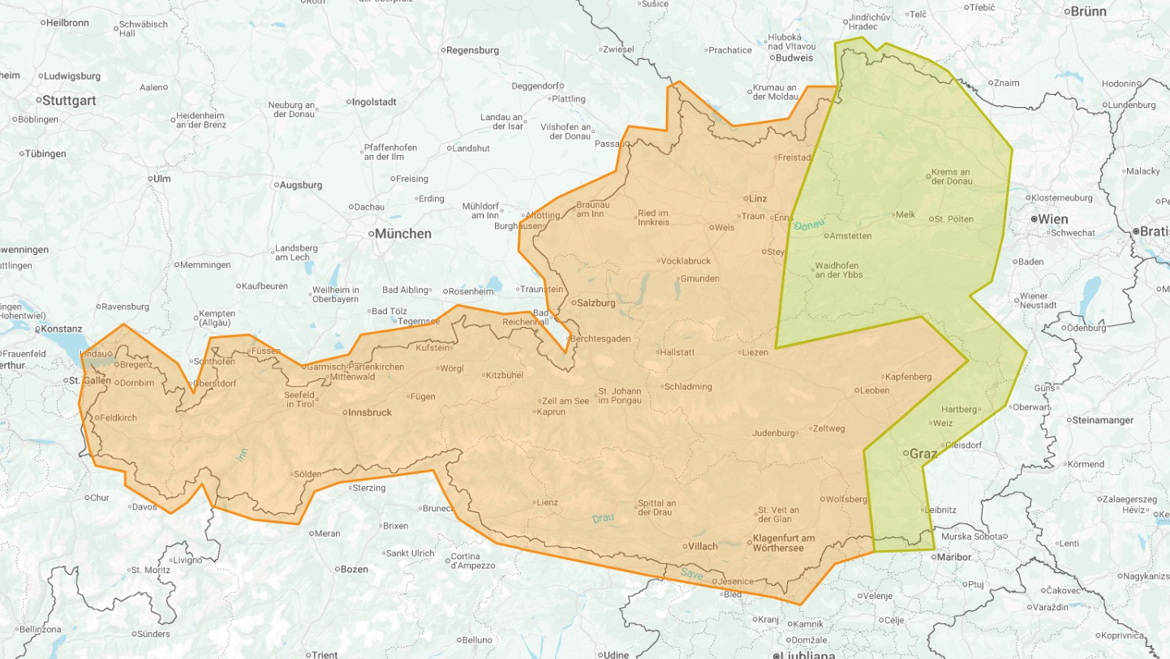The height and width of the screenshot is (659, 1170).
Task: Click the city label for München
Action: [x=402, y=234]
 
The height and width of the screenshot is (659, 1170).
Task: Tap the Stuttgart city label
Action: [x=68, y=101]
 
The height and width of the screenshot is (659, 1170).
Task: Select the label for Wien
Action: [x=1053, y=219]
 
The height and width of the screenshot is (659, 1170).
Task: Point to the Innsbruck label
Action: [x=369, y=412]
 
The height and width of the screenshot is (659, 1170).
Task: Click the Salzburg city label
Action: [x=596, y=303]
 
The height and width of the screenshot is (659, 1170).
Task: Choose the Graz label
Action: [x=923, y=454]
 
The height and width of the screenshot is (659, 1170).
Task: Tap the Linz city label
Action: [x=758, y=198]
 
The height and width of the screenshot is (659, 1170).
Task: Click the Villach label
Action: [x=703, y=546]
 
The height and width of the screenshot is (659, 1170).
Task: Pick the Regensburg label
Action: [x=472, y=50]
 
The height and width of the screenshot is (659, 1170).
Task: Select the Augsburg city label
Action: [x=300, y=185]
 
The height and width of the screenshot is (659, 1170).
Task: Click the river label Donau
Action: [x=809, y=223]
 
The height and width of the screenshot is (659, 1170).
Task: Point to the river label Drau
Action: [x=603, y=518]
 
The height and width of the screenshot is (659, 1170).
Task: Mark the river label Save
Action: [x=692, y=574]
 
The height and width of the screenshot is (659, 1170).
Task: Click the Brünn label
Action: [x=1089, y=11]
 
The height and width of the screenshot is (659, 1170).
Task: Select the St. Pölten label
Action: [x=953, y=219]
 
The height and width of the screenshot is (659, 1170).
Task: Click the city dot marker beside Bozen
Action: [x=334, y=570]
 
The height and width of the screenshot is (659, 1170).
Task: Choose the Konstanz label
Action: [x=64, y=329]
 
